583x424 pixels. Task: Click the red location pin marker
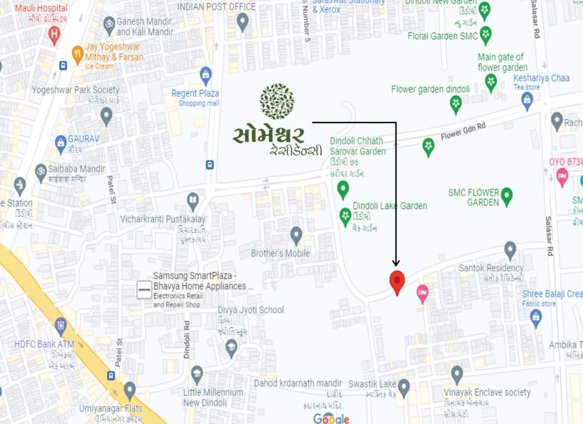397,281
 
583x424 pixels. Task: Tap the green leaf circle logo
277,102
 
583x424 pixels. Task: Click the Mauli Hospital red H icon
54,35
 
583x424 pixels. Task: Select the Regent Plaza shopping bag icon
206,75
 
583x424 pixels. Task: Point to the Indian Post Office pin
242,22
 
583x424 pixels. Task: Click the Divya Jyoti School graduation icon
232,347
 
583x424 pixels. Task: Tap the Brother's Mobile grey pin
296,235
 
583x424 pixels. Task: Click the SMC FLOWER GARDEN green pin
506,196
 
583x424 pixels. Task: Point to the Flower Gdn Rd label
463,131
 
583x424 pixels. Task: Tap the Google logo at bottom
331,418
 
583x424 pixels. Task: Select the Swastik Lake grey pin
404,387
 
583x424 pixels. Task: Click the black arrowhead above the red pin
396,263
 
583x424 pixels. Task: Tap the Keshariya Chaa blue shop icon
527,100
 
